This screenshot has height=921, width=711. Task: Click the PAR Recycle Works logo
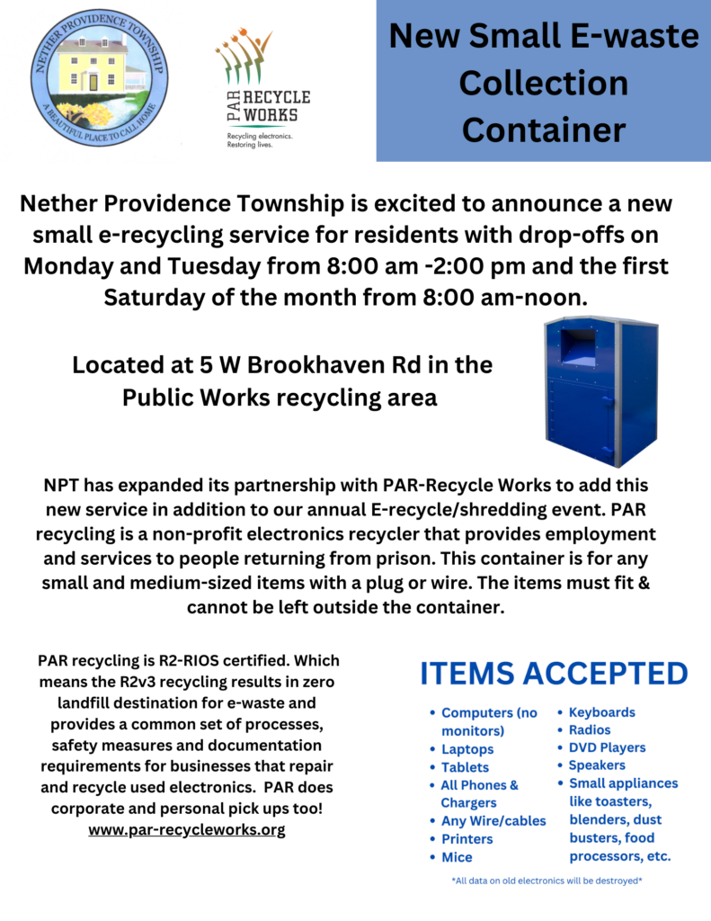(262, 90)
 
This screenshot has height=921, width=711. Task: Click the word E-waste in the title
(629, 37)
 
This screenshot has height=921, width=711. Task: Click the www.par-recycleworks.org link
(186, 830)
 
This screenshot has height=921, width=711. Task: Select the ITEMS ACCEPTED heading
(555, 674)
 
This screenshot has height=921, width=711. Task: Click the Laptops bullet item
(467, 749)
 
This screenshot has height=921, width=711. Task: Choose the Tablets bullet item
(466, 767)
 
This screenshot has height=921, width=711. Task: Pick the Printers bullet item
(467, 839)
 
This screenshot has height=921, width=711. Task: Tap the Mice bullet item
(457, 857)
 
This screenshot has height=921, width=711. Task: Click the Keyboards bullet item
(601, 712)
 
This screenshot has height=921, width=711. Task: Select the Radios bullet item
(590, 730)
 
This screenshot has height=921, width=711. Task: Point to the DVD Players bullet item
(607, 747)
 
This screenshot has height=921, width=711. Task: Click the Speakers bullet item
(597, 765)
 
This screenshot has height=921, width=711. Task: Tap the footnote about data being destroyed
(547, 881)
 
